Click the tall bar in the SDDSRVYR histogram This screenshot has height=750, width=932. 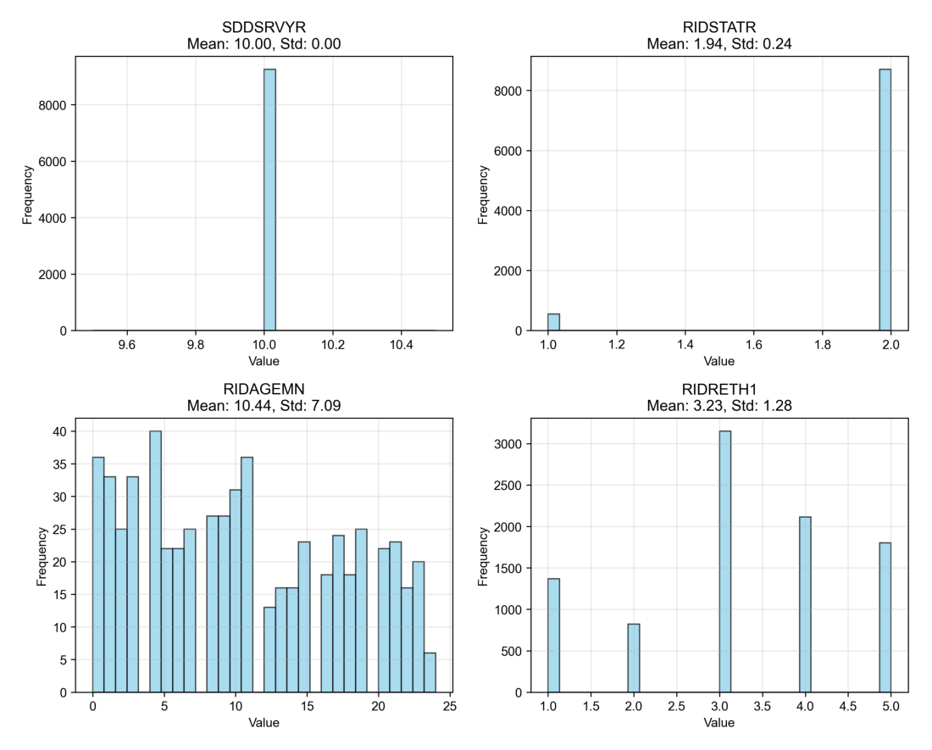click(x=269, y=199)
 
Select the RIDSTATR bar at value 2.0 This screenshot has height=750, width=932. click(x=885, y=199)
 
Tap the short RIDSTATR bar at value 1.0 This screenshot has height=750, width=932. click(x=554, y=321)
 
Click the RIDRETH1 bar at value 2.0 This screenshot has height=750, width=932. click(x=634, y=658)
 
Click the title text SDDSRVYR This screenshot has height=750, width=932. click(x=264, y=28)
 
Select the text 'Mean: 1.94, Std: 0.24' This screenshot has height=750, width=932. click(x=719, y=44)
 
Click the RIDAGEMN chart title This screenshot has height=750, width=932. click(x=264, y=390)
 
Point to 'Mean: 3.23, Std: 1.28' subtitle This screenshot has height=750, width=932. click(x=719, y=406)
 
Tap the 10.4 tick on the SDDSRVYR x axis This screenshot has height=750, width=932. click(x=402, y=346)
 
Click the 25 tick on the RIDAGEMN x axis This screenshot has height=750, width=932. click(x=450, y=708)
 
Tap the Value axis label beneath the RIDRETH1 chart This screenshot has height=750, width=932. click(x=719, y=723)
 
